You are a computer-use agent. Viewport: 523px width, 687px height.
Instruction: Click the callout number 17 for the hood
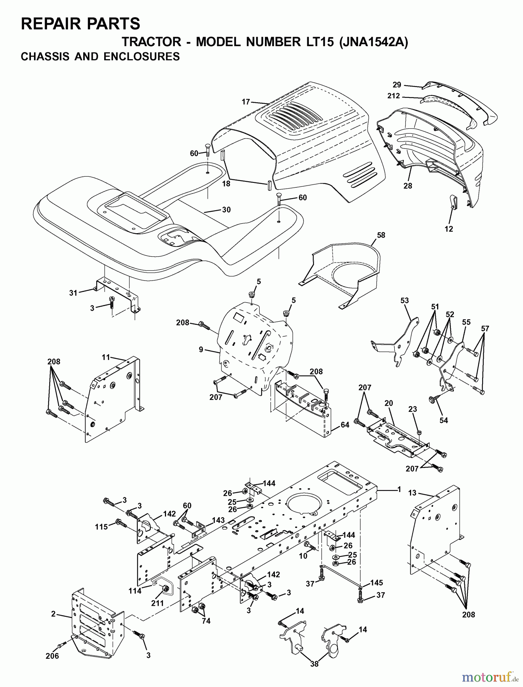click(246, 102)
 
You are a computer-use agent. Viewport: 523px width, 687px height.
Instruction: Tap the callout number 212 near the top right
click(394, 96)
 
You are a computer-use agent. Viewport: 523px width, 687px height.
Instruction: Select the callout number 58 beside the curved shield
click(381, 235)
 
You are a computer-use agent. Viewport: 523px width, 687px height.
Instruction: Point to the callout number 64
click(345, 425)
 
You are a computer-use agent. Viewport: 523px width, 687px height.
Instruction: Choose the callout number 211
click(157, 603)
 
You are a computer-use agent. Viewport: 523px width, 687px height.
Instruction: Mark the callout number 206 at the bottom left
click(52, 656)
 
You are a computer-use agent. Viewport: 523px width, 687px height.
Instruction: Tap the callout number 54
click(443, 420)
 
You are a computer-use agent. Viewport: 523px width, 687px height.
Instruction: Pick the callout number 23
click(413, 409)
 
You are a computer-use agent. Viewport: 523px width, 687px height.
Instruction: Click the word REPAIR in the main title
click(48, 24)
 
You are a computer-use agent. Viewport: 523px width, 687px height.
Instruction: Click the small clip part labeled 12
click(453, 202)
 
